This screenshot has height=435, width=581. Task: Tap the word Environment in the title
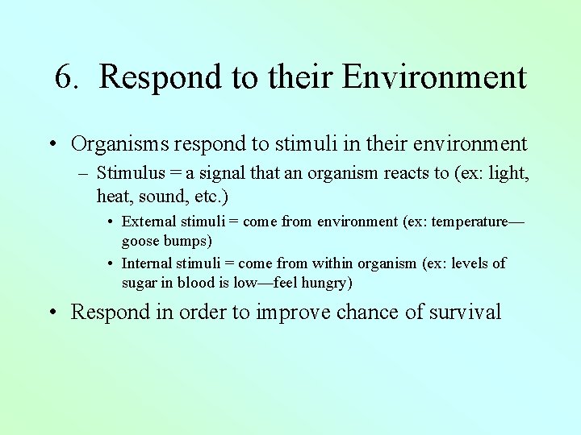(434, 77)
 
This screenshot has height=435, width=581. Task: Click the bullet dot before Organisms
(52, 145)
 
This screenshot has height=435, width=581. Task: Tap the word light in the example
(508, 173)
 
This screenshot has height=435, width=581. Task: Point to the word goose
(140, 241)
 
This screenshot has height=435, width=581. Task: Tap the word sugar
(139, 283)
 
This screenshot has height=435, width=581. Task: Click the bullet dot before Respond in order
(52, 313)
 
